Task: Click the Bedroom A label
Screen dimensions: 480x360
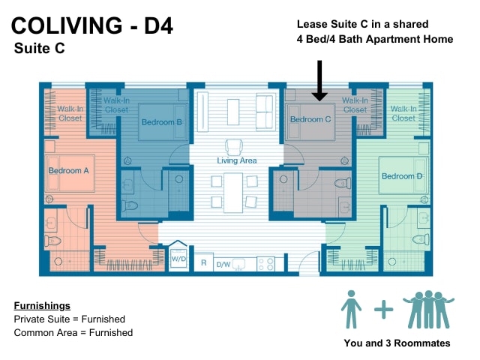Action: point(68,170)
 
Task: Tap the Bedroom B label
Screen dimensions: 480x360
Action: point(162,122)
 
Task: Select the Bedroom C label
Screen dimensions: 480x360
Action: point(310,119)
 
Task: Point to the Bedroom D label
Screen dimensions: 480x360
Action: point(402,176)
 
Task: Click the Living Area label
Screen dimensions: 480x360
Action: point(237,160)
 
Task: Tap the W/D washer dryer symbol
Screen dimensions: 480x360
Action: point(178,259)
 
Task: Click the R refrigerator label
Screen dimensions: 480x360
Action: point(203,263)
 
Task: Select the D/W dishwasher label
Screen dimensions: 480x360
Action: point(223,264)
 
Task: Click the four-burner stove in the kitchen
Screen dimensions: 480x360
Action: point(265,264)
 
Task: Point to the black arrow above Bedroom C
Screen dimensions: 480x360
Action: point(319,80)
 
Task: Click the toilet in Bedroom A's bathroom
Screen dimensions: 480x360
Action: point(52,241)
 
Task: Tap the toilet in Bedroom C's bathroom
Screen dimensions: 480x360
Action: point(343,183)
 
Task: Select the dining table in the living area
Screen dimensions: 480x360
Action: point(233,193)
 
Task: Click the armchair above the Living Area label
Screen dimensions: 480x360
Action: point(234,147)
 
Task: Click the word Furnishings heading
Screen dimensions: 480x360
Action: point(42,305)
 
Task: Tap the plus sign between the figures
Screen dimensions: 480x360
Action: point(383,310)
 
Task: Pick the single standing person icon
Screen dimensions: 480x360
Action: point(351,309)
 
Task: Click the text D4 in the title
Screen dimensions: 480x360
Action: point(158,25)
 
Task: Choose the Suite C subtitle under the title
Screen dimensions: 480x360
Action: point(40,48)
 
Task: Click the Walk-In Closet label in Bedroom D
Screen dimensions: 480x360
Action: point(403,113)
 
